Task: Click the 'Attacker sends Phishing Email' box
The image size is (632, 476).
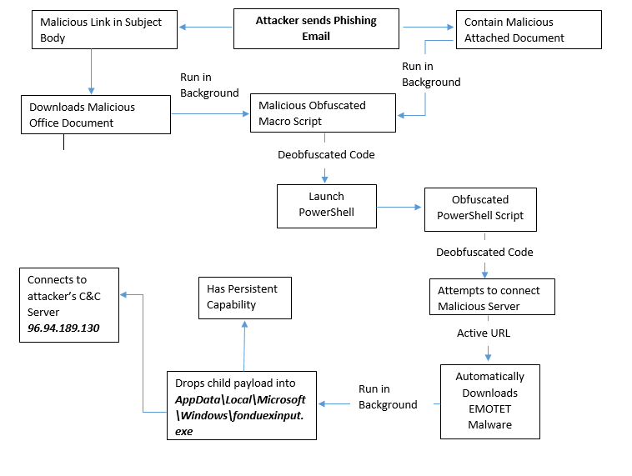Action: [316, 28]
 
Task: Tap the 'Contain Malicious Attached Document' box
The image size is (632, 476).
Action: [528, 29]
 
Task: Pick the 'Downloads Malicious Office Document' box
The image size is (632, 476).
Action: [96, 114]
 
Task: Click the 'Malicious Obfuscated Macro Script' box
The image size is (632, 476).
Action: [324, 113]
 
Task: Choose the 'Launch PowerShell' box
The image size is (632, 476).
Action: [326, 205]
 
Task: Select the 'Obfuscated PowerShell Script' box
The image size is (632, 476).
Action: [479, 208]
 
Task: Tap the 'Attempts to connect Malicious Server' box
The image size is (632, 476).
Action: [489, 298]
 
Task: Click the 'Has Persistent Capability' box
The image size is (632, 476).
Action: [245, 296]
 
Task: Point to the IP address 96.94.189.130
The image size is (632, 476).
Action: [63, 328]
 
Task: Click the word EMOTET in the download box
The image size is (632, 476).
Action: [490, 408]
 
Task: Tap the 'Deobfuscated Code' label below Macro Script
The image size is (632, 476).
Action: [326, 154]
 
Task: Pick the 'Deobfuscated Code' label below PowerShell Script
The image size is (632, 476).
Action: [484, 252]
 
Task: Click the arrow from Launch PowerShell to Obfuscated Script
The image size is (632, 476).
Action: [400, 208]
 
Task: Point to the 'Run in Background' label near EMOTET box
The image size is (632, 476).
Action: [387, 397]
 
